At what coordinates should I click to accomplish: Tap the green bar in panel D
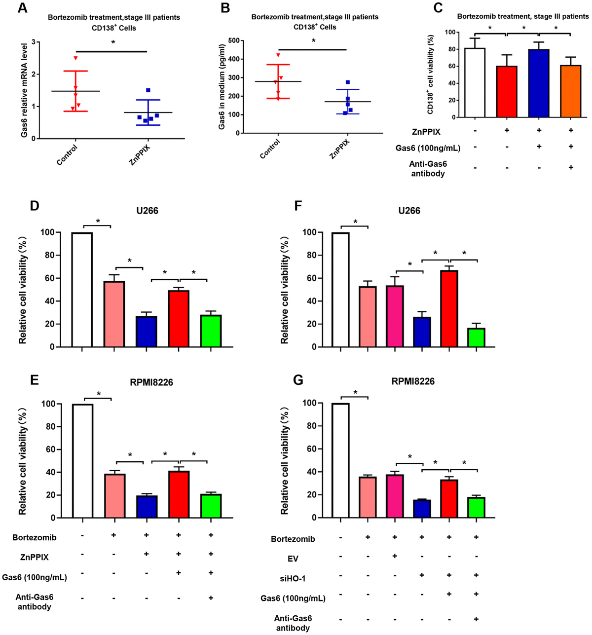[211, 331]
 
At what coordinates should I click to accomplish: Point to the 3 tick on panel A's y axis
[33, 42]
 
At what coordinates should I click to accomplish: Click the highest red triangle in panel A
[76, 58]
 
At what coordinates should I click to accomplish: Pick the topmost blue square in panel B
[347, 82]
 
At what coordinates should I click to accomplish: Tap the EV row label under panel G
[293, 559]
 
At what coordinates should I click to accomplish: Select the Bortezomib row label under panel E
[35, 537]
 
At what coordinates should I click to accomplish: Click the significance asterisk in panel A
[113, 43]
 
